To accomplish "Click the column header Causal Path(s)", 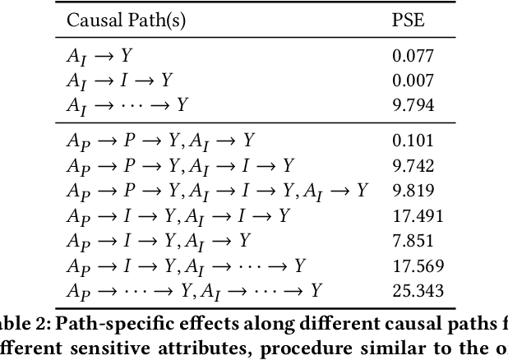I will coord(127,21).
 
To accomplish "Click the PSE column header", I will coord(408,21).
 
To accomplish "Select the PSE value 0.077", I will coord(413,57).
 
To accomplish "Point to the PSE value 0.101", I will coord(413,141).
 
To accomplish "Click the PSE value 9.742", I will coord(413,166).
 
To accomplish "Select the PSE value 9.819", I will coord(413,191).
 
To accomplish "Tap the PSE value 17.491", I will coord(417,215).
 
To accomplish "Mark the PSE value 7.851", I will coord(413,240).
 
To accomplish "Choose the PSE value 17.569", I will coord(417,265).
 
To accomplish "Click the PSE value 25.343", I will coord(417,290).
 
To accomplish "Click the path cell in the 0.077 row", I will coord(99,57).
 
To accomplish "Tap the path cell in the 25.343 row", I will coord(193,290).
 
